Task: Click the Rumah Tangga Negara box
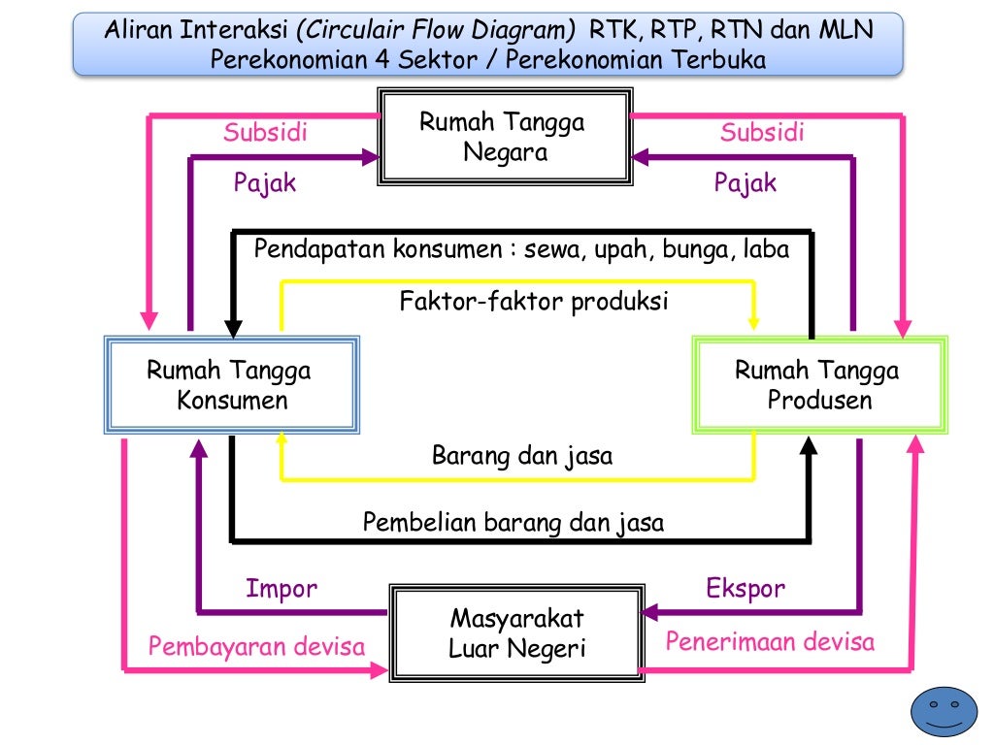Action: [504, 137]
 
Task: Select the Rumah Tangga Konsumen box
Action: [231, 384]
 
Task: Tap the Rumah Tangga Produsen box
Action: [818, 384]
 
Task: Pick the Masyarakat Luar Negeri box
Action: [517, 632]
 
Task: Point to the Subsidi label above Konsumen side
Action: [265, 133]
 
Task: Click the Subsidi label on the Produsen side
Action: [762, 133]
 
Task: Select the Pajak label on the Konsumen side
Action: [264, 182]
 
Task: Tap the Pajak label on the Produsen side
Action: [745, 182]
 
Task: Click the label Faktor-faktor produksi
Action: [534, 302]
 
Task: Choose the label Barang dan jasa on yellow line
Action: [522, 456]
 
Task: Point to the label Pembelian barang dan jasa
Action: [514, 523]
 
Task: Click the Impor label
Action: [282, 588]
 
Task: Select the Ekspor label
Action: [745, 588]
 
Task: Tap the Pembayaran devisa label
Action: [256, 646]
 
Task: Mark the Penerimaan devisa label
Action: [770, 641]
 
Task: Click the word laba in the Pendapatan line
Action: [766, 249]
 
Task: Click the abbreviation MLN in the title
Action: [846, 30]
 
